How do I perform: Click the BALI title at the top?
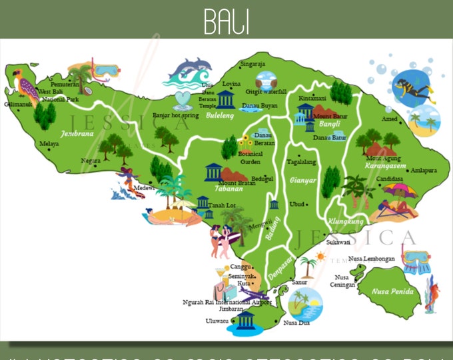point(226,21)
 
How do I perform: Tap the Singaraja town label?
point(252,64)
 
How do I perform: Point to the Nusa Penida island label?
point(393,291)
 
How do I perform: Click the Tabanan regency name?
point(224,189)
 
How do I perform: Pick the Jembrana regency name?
point(77,133)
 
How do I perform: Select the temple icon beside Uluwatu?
point(246,321)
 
